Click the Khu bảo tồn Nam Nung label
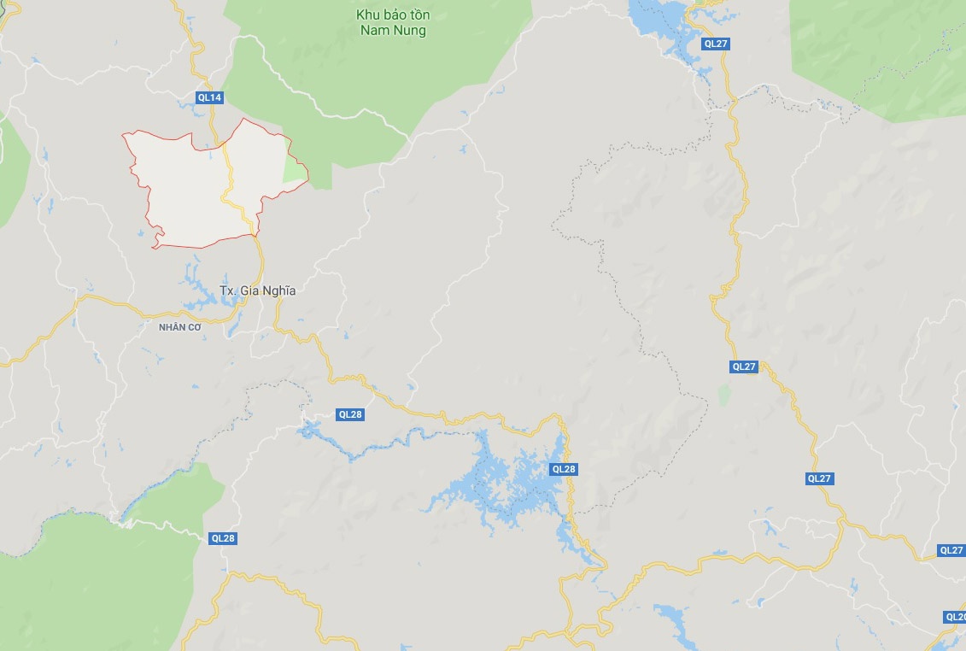pos(393,22)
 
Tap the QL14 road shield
pos(209,97)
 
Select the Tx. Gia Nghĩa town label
pos(258,290)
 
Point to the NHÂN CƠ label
pos(180,326)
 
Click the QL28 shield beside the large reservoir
pos(564,469)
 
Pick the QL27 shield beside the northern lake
pos(716,43)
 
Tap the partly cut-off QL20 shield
pos(955,617)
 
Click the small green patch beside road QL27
pos(725,395)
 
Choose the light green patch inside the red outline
pos(295,171)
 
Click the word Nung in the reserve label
pos(411,31)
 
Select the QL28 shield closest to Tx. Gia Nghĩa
pos(351,414)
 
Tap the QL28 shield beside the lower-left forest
pos(223,538)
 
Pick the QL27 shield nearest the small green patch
pos(744,367)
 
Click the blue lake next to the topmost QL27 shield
pos(662,21)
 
